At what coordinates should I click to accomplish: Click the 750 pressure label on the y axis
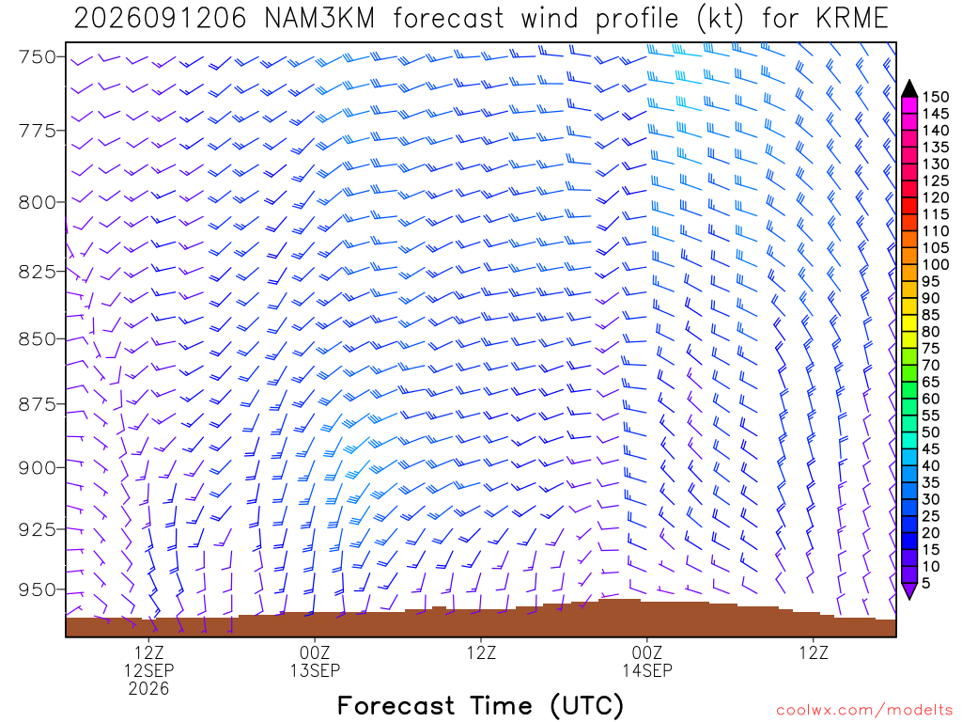coord(37,57)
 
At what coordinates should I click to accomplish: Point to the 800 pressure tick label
coord(37,202)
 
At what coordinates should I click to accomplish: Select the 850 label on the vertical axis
coord(37,338)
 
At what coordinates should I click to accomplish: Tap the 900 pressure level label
coord(37,467)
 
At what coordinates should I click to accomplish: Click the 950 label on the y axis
coord(37,589)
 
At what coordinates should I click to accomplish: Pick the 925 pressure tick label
coord(37,528)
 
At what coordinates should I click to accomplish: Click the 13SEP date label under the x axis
coord(315,670)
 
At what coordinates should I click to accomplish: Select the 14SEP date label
coord(647,670)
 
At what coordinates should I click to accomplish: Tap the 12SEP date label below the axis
coord(149,670)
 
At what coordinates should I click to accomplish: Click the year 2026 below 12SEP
coord(149,688)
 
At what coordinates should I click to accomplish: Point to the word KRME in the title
coord(852,19)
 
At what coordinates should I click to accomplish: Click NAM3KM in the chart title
coord(319,19)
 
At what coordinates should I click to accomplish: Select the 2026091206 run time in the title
coord(160,19)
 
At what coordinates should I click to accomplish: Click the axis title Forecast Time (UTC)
coord(480,705)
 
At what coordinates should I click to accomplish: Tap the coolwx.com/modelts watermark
coord(864,711)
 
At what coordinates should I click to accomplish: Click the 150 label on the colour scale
coord(935,97)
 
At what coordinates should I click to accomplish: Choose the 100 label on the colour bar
coord(935,264)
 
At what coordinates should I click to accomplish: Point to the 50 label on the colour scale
coord(931,432)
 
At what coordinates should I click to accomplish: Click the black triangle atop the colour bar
coord(909,89)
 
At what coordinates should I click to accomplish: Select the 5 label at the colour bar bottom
coord(925,583)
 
